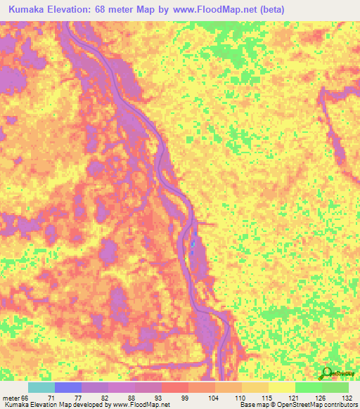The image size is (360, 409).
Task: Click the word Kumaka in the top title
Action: (x=30, y=10)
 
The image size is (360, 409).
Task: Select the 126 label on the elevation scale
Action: (x=326, y=398)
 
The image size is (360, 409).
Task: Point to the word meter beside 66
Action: (x=12, y=398)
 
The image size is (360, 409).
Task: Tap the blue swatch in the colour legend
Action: (x=68, y=387)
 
